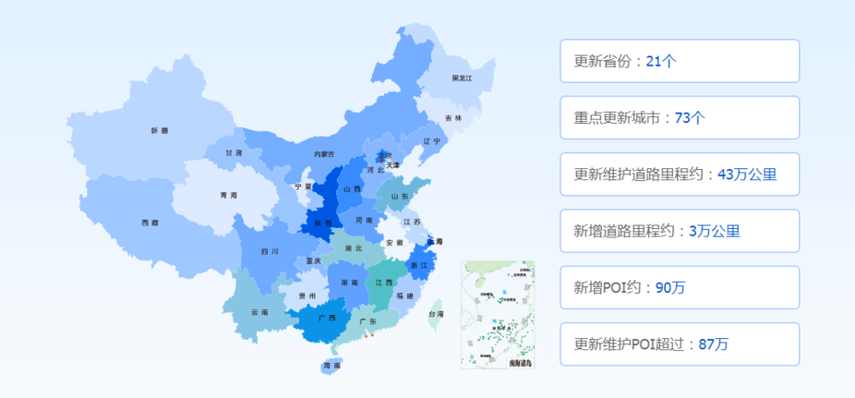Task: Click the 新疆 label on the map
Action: coord(159,131)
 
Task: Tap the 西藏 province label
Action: coord(150,223)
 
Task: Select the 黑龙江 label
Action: coord(462,79)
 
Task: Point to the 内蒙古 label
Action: coord(324,155)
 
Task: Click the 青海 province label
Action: coord(228,196)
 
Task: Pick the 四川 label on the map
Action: coord(270,252)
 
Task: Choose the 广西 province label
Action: coord(326,318)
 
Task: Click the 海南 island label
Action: coord(332,366)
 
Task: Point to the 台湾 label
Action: coord(435,314)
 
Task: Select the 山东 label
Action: coord(399,196)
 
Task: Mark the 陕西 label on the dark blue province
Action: coord(322,223)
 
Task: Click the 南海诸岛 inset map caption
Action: coord(519,363)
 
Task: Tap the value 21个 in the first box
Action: coord(662,61)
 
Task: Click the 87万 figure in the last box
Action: coord(713,344)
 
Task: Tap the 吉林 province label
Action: coord(453,118)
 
